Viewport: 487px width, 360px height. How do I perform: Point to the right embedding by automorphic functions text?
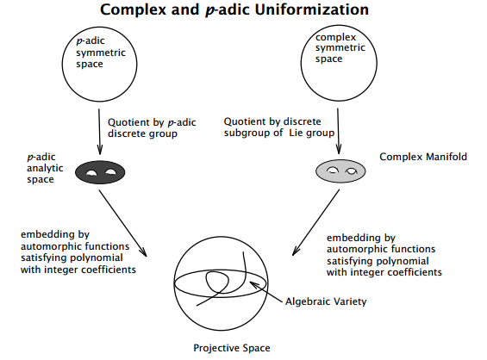tap(384, 254)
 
